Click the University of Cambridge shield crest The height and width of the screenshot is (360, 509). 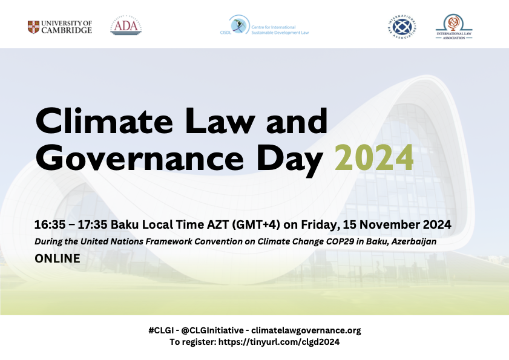point(34,27)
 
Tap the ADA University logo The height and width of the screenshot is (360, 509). point(126,26)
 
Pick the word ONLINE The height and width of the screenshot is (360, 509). point(57,258)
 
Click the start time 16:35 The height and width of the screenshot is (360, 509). point(47,224)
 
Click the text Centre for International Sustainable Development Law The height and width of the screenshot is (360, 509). point(280,29)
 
